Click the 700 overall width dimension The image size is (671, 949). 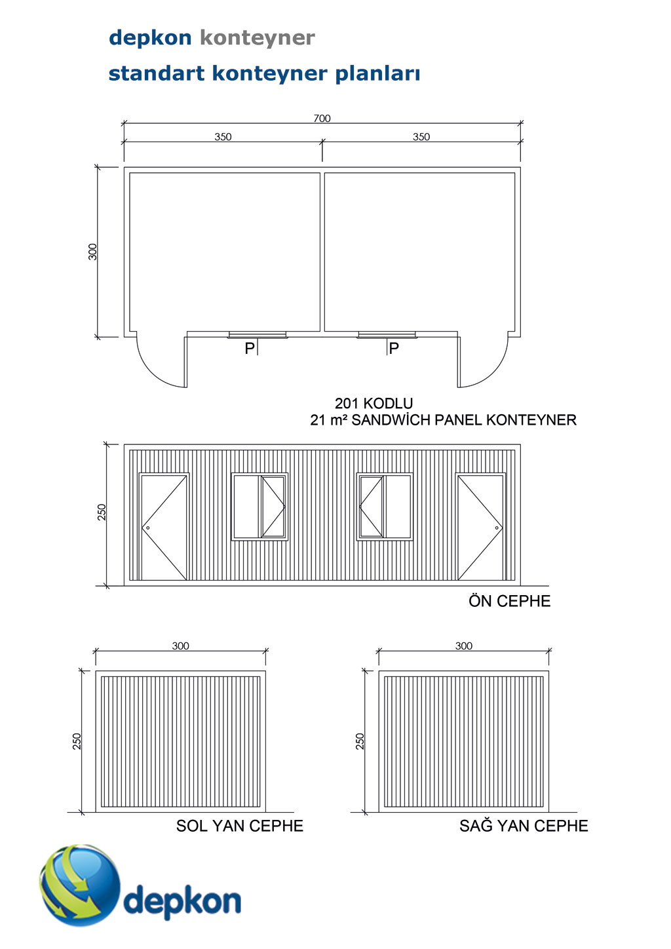(322, 118)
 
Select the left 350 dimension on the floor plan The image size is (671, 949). (223, 137)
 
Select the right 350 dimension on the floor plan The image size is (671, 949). (421, 137)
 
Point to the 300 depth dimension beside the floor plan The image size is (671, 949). (93, 252)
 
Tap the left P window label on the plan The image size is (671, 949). (250, 348)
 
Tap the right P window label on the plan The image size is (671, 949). (394, 348)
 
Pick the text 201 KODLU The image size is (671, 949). (374, 403)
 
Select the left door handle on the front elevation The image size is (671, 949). (148, 528)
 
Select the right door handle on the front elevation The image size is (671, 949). (497, 528)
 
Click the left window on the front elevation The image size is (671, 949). (259, 507)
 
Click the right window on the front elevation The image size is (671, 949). (385, 507)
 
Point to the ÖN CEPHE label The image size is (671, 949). (509, 601)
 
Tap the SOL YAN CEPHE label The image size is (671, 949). (240, 826)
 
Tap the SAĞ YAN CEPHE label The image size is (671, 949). (524, 826)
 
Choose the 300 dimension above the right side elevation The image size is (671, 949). (464, 646)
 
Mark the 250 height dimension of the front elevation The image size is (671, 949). (102, 513)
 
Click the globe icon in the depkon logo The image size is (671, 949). (80, 885)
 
